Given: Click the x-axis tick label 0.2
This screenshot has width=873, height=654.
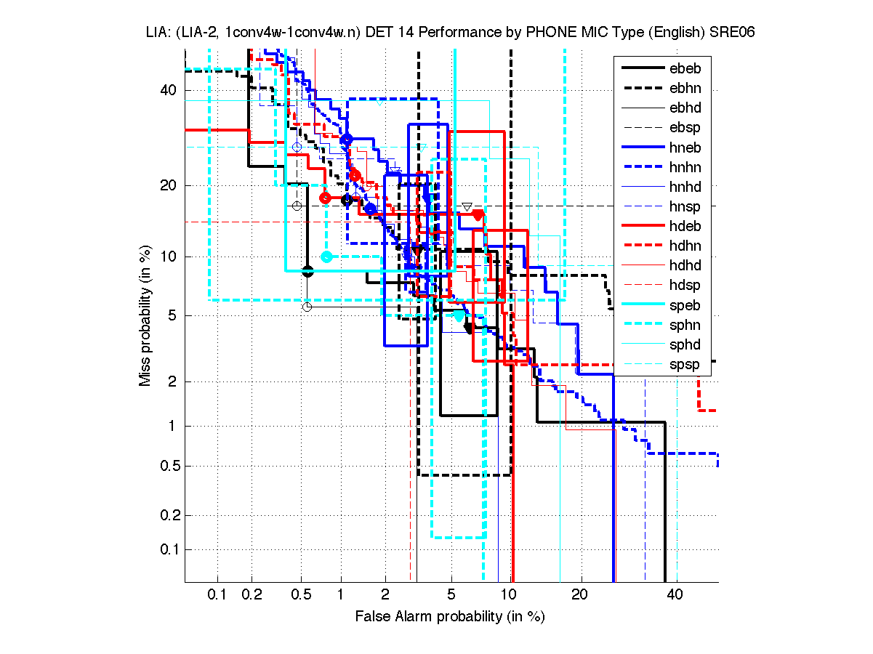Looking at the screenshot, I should coord(252,595).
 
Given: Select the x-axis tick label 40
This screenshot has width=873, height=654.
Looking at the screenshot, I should coord(676,595).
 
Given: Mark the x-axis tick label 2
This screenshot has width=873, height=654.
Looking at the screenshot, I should coord(385,595).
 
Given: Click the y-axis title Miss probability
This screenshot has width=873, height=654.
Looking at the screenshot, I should coord(146,315).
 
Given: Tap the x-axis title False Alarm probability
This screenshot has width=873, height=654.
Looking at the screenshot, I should coord(450,617).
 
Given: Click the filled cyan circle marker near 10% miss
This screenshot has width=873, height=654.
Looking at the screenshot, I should coord(326,257).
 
